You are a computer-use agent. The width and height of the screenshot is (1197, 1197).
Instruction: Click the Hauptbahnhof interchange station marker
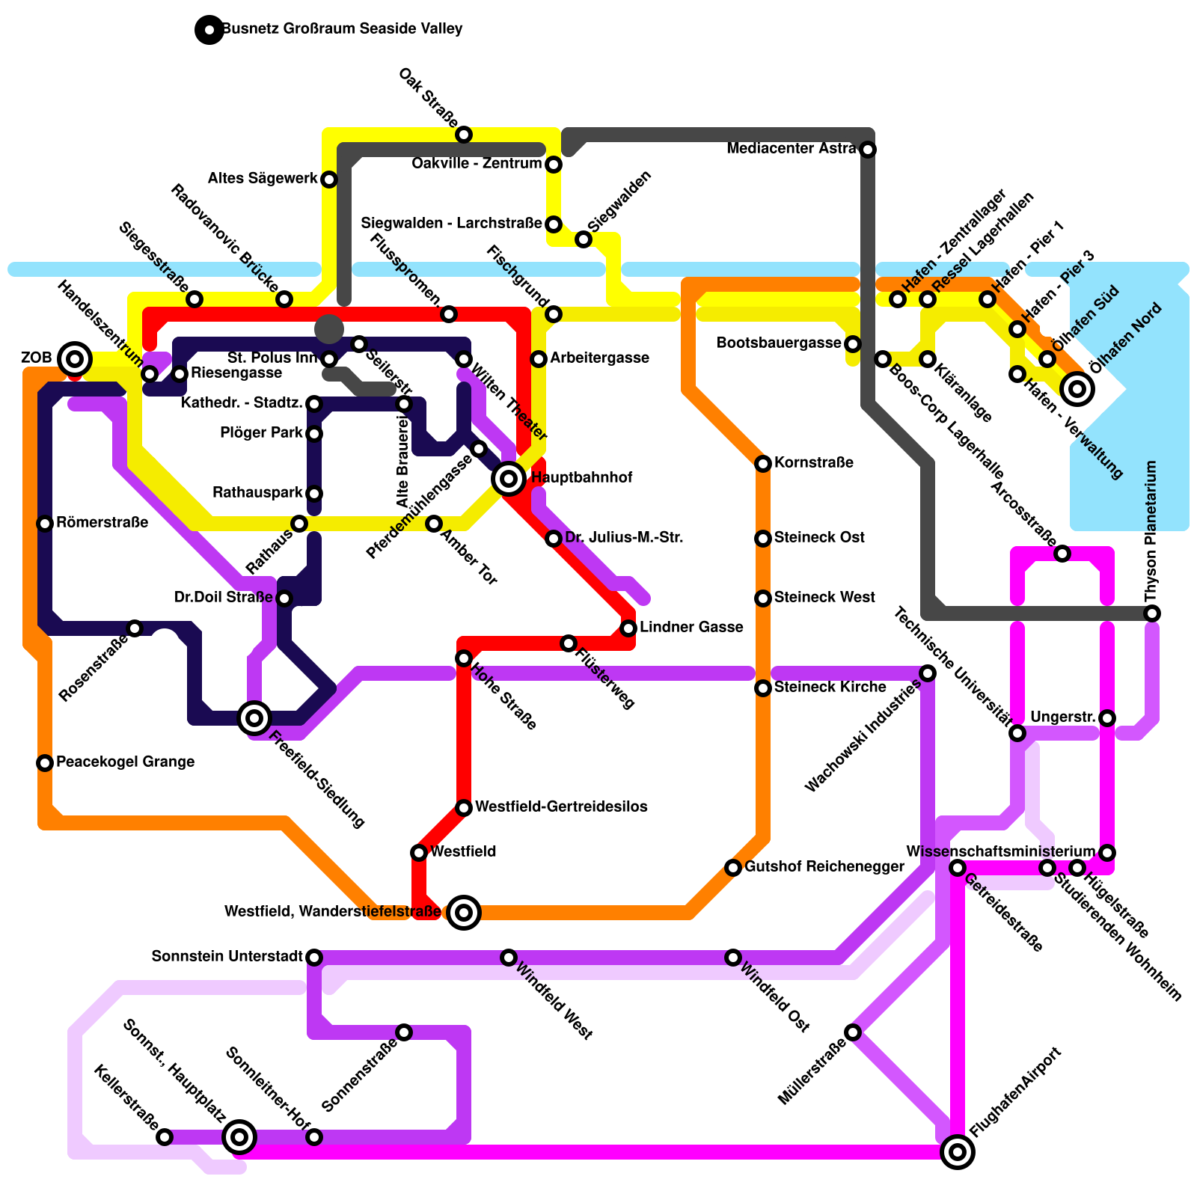tap(509, 479)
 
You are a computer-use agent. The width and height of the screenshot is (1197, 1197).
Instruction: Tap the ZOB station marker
tap(75, 359)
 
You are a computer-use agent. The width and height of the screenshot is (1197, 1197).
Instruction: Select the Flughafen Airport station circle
tap(958, 1152)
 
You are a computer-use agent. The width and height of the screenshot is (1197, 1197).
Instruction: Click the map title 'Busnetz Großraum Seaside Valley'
tap(342, 29)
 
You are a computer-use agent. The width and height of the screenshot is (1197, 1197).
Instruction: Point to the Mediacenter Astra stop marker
tap(868, 150)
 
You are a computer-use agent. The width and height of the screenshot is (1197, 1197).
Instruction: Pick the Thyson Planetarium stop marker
tap(1152, 613)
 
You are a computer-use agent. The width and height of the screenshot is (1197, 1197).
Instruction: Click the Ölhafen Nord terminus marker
tap(1077, 389)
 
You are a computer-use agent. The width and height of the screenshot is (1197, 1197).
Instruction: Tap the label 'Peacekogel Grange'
tap(125, 762)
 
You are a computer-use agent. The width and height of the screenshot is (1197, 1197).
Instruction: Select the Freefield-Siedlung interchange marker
tap(254, 718)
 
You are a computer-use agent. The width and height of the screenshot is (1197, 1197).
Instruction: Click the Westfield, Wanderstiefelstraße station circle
tap(464, 913)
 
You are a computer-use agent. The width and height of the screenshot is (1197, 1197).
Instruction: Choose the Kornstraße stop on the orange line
tap(763, 464)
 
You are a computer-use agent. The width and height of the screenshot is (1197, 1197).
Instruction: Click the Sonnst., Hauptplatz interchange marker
tap(239, 1137)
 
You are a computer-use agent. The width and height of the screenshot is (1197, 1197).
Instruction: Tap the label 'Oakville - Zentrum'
tap(477, 164)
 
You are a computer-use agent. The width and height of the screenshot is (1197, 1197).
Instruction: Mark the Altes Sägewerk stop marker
tap(329, 180)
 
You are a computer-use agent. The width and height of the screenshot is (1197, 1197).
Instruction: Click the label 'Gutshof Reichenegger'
tap(824, 867)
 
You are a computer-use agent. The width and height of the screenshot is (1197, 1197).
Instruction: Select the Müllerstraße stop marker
tap(853, 1032)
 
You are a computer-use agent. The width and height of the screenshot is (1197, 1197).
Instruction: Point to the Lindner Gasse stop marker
tap(628, 628)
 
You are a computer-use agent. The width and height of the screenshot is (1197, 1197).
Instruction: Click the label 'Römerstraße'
tap(102, 523)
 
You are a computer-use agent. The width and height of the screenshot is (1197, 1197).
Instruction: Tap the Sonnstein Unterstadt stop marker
tap(314, 958)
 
